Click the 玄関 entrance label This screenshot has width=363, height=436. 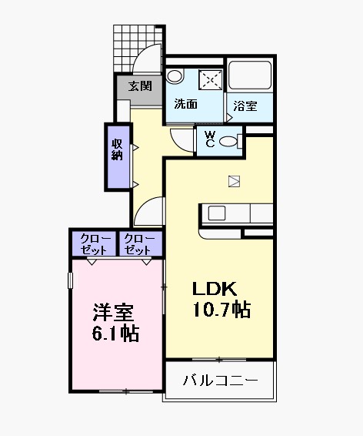pyautogui.click(x=139, y=86)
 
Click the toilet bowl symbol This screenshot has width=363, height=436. pyautogui.click(x=229, y=141)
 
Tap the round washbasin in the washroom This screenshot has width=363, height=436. pyautogui.click(x=175, y=75)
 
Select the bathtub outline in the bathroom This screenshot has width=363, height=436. pyautogui.click(x=251, y=77)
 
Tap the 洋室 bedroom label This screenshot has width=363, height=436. pyautogui.click(x=114, y=313)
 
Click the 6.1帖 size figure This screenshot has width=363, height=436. pyautogui.click(x=115, y=334)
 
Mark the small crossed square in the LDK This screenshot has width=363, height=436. pyautogui.click(x=234, y=181)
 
